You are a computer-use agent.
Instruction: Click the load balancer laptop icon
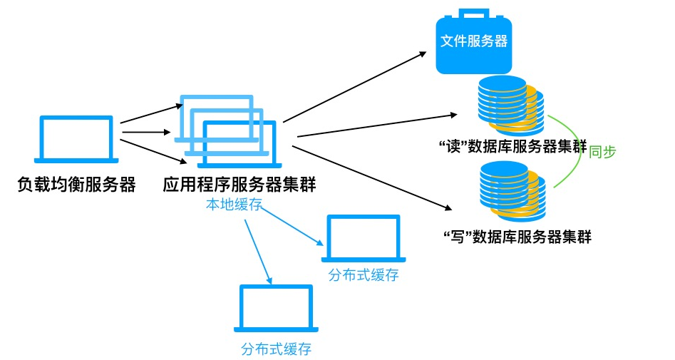(76, 139)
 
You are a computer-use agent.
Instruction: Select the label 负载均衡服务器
(76, 185)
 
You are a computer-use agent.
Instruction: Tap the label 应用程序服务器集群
(239, 185)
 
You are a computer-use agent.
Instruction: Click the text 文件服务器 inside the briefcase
(474, 41)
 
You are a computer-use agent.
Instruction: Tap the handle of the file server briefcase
(474, 13)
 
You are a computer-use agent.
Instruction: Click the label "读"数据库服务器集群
(513, 148)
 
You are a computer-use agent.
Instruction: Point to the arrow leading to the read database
(376, 125)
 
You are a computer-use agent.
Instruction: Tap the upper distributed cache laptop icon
(364, 240)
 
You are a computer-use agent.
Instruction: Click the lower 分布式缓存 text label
(276, 349)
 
